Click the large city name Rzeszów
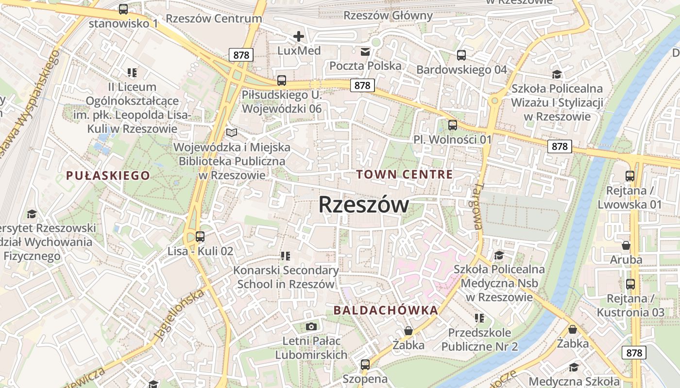coord(363,205)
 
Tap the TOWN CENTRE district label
coord(404,175)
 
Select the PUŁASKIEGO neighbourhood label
coord(108,176)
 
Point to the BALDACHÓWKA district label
coord(386,310)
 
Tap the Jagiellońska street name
coord(178,315)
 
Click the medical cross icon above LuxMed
coord(299,36)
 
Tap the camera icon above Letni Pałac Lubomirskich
coord(311,326)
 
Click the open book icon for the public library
coord(232,132)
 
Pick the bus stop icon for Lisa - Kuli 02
coord(200,237)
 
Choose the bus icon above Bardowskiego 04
coord(461,55)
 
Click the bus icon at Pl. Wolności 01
coord(453,125)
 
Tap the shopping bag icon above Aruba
coord(626,245)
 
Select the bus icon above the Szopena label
coord(365,364)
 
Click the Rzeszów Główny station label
coord(388,16)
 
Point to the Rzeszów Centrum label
coord(214,19)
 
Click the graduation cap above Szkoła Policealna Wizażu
coord(557,74)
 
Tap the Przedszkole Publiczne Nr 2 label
coord(479,339)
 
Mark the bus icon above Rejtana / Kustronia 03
coord(630,284)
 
